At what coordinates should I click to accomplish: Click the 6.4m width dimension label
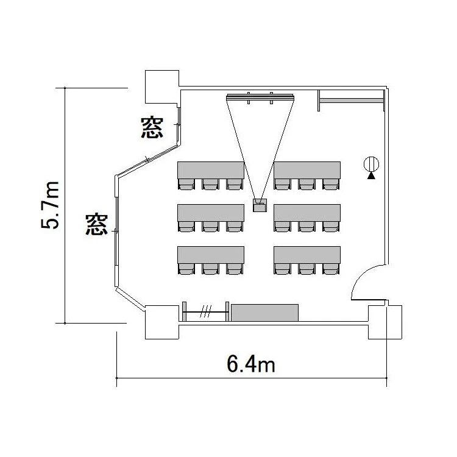click(251, 364)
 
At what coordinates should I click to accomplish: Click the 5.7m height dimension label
click(50, 205)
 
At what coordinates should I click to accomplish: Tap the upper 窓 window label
click(152, 127)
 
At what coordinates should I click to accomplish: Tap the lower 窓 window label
click(96, 224)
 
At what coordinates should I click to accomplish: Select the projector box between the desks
click(260, 205)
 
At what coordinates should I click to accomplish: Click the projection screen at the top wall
click(260, 97)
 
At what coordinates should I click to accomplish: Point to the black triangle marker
click(371, 175)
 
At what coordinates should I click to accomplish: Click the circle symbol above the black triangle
click(371, 164)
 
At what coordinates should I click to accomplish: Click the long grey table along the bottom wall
click(264, 313)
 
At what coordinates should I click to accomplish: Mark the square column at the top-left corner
click(162, 87)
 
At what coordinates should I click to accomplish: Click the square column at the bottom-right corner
click(385, 322)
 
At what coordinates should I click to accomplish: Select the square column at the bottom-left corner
click(162, 322)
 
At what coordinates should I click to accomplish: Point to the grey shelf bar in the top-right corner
click(351, 101)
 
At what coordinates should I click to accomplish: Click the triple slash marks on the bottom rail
click(205, 311)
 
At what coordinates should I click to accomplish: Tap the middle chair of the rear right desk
click(306, 269)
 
